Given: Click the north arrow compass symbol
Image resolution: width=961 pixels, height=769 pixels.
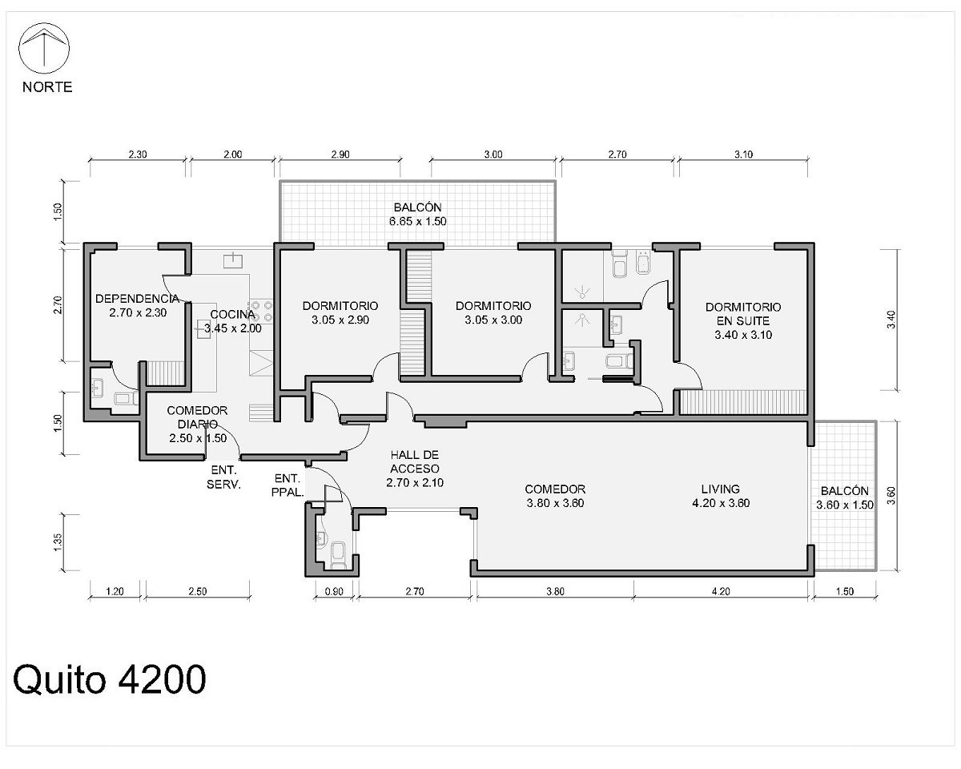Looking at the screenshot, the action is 44,48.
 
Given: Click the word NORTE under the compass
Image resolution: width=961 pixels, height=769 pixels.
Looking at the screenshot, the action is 47,87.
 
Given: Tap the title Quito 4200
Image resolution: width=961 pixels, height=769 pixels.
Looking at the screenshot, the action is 110,679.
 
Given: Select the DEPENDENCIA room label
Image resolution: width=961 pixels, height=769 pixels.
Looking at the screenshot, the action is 138,299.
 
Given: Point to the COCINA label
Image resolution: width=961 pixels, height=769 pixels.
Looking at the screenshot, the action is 232,314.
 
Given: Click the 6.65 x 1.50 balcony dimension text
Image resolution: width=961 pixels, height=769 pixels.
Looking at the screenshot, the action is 417,221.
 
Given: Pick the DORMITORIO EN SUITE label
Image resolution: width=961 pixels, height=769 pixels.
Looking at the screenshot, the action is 743,314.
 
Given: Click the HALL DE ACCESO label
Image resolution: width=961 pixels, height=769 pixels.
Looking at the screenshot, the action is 414,461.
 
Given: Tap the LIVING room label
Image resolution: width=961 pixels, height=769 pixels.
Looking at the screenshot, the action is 720,489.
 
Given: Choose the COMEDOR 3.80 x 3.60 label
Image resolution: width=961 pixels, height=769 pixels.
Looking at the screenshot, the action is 555,496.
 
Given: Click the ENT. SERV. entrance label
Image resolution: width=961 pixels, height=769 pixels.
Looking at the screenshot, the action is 223,477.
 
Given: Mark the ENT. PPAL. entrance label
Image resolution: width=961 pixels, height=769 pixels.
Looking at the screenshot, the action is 287,485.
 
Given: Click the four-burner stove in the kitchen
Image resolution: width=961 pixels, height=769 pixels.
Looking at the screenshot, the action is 262,311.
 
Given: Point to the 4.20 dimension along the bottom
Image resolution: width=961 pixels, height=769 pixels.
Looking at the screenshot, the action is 720,591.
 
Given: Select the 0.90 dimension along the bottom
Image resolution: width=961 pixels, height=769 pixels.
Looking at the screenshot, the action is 334,591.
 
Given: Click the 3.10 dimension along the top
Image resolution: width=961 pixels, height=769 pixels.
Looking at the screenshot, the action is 743,154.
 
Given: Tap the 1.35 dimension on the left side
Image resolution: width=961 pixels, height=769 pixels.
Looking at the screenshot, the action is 58,542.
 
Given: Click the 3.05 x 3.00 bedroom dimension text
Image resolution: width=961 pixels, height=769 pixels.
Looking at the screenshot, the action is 493,320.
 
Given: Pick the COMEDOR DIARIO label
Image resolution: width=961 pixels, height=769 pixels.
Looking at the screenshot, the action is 197,417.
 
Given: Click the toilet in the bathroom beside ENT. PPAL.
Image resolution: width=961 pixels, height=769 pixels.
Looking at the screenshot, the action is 338,554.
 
